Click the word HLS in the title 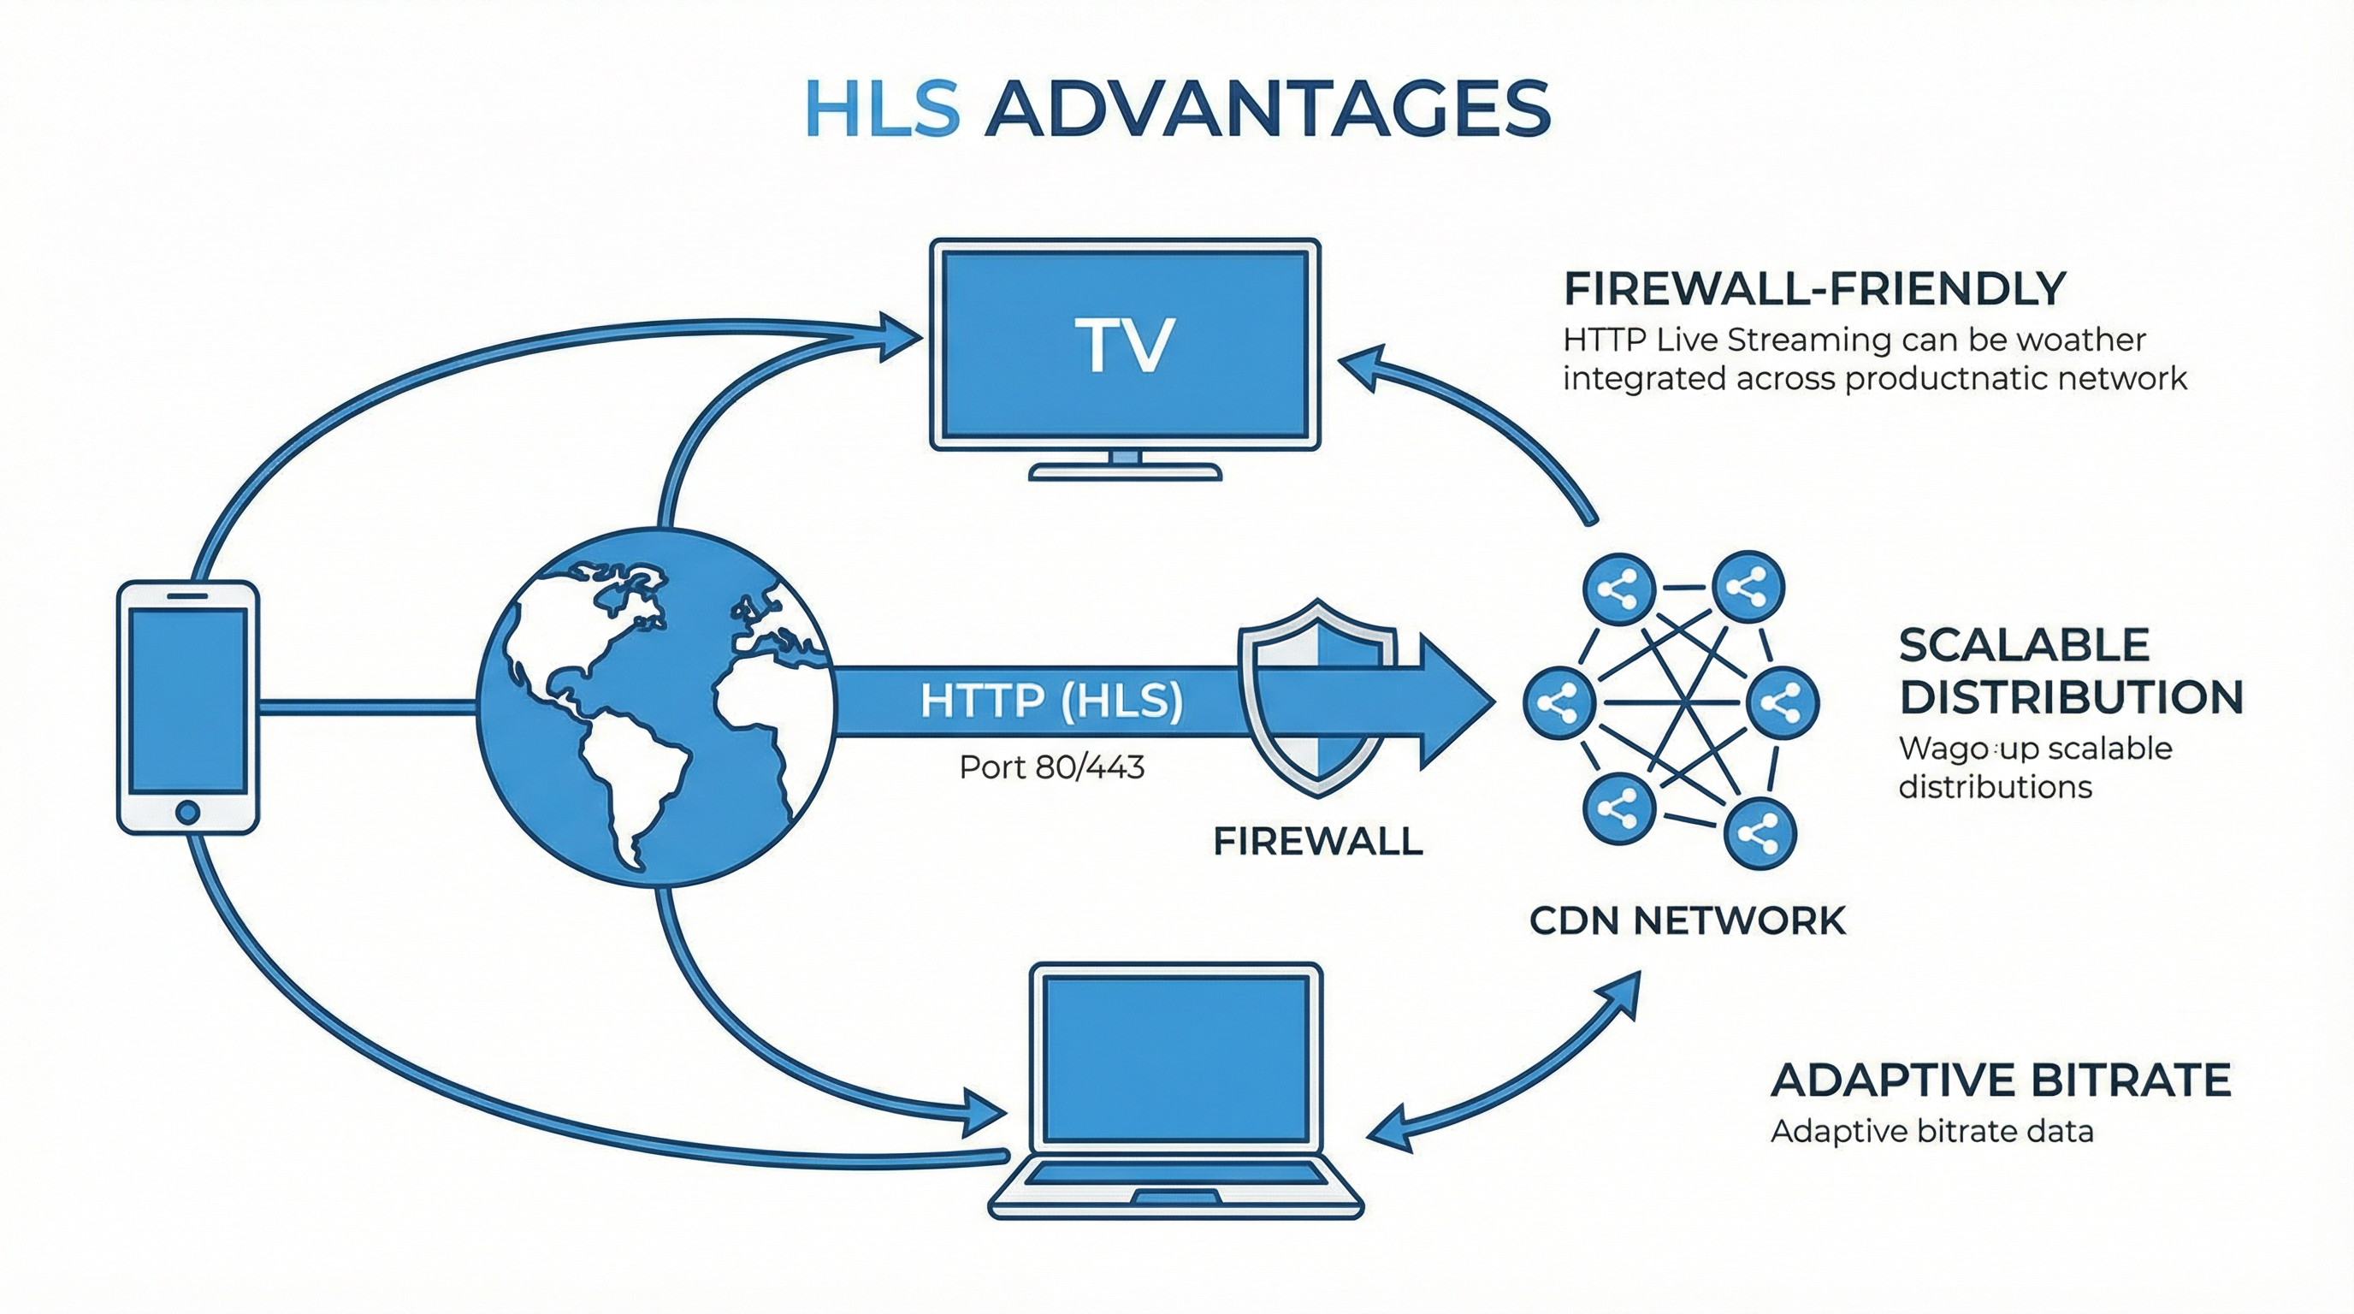click(x=882, y=109)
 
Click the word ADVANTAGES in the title click(x=1267, y=109)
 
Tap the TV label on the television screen click(x=1124, y=346)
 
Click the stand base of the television click(x=1125, y=471)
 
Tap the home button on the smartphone click(x=187, y=810)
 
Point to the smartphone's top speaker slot click(x=187, y=595)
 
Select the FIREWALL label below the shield click(x=1316, y=842)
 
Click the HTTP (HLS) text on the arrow click(x=1051, y=701)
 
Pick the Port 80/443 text click(x=1051, y=766)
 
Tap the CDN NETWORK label click(x=1687, y=920)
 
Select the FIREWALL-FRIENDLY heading click(x=1814, y=289)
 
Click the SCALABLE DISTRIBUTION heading click(x=2070, y=672)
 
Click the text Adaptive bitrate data click(x=1931, y=1132)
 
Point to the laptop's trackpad click(x=1175, y=1195)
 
